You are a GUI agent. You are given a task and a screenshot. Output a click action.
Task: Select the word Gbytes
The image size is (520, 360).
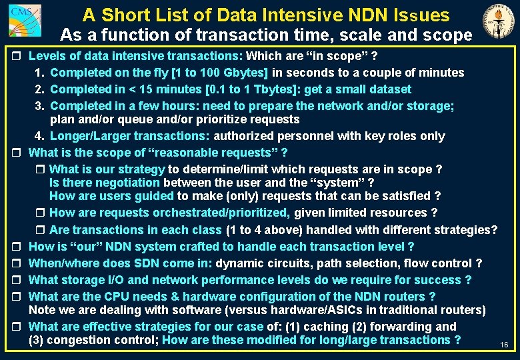(x=245, y=72)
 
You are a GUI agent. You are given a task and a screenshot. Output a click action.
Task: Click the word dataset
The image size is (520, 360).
(x=388, y=89)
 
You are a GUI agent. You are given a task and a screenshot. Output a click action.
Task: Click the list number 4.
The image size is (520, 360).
(x=39, y=136)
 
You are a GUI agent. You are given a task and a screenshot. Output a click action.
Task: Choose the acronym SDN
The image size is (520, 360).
(x=145, y=263)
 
